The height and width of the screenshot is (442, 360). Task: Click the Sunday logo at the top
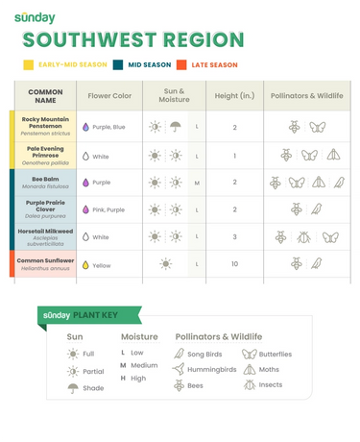point(34,18)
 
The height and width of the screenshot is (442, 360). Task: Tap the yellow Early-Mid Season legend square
point(28,65)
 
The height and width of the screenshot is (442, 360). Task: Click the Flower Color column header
point(109,96)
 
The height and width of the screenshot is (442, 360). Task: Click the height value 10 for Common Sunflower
point(234,264)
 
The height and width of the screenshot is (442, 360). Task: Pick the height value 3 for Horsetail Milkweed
point(234,236)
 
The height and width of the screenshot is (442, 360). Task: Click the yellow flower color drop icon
point(85,265)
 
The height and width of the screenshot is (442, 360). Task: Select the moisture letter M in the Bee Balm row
point(196,183)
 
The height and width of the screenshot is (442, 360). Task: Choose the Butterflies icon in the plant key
point(249,354)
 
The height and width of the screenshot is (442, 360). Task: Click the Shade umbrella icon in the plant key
point(73,388)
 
